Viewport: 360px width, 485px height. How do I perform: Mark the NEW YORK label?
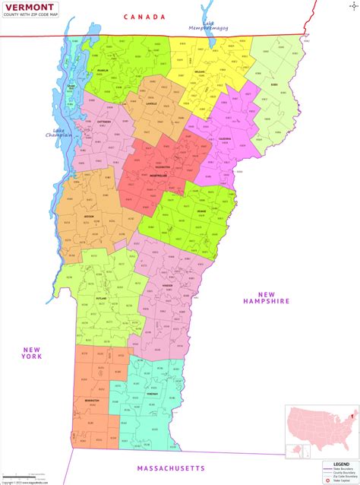click(x=31, y=353)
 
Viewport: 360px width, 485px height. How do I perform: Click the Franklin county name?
click(x=105, y=71)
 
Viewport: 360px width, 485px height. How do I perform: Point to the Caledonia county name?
click(x=226, y=139)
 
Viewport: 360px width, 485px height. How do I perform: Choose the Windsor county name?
click(x=169, y=286)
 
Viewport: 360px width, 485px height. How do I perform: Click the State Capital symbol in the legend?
click(x=327, y=480)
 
